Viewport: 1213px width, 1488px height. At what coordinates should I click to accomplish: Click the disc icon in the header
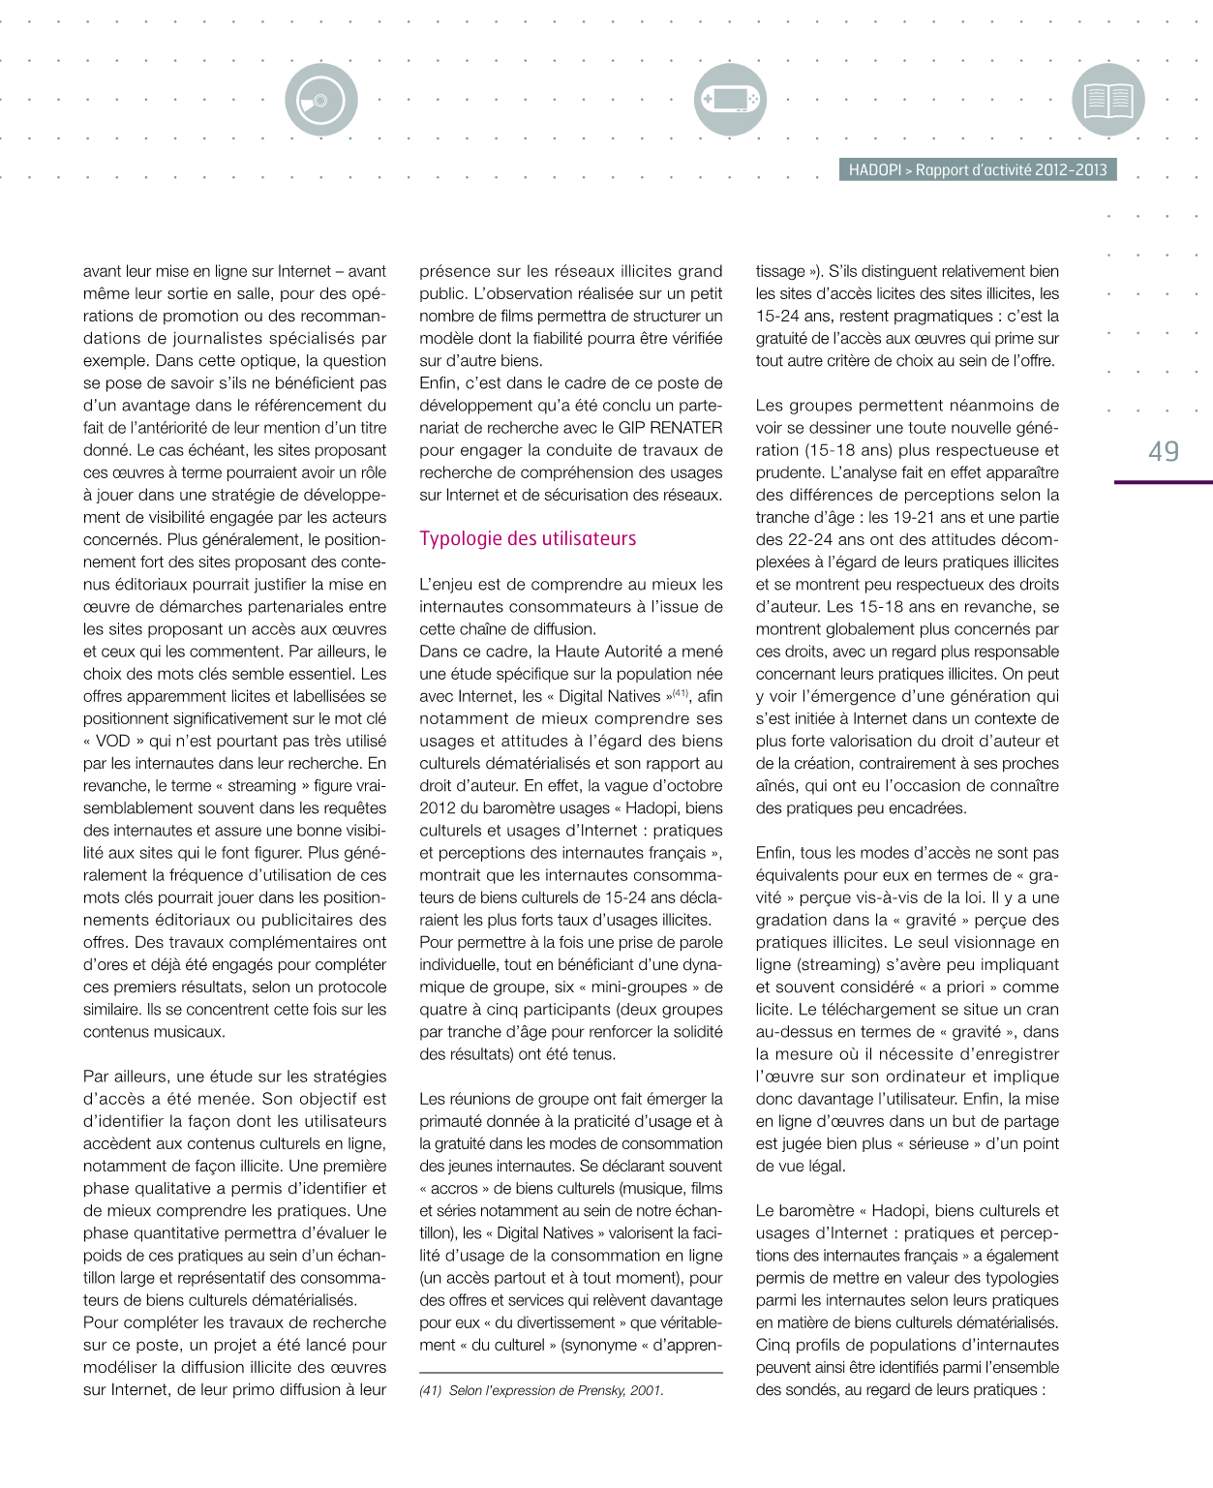(320, 100)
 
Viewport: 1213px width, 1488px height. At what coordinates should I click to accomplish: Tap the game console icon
(730, 100)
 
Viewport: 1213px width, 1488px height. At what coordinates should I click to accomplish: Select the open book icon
(1108, 100)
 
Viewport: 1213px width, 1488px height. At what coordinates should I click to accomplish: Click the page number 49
(1164, 452)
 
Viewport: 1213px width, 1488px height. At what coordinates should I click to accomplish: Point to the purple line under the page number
(1163, 482)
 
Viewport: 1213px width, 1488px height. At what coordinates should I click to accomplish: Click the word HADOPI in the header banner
(874, 170)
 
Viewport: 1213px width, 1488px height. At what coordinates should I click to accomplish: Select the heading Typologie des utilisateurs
(528, 539)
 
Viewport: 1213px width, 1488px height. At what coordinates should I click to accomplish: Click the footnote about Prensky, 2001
(542, 1390)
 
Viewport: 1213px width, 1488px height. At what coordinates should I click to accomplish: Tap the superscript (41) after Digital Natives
(681, 693)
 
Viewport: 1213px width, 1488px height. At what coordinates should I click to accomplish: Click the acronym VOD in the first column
(112, 742)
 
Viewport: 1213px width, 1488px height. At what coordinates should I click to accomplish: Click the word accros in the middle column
(455, 1189)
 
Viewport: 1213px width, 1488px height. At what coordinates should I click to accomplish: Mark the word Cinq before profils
(775, 1346)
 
